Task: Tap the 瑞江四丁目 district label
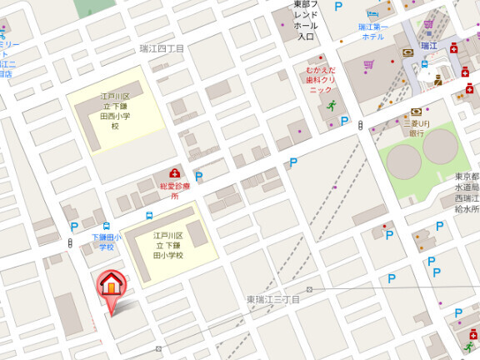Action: [x=162, y=49]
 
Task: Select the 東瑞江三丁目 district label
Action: [x=272, y=299]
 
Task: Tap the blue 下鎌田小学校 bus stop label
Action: [x=106, y=242]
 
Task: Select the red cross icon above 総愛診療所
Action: [x=174, y=172]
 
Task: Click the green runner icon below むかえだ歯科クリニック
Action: [x=332, y=106]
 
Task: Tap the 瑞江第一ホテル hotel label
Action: [x=372, y=32]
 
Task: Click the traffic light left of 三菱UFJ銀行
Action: [x=360, y=125]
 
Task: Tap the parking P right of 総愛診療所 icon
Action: [x=198, y=177]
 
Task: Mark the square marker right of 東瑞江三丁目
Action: [x=309, y=290]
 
